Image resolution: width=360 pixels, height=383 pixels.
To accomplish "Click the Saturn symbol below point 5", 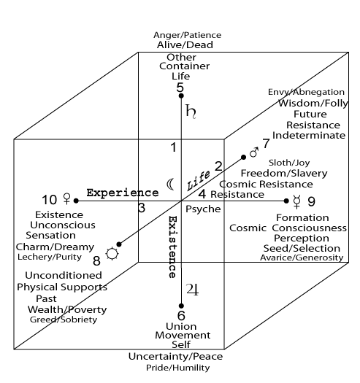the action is pyautogui.click(x=191, y=112).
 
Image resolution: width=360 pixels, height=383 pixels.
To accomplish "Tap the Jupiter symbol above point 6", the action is pyautogui.click(x=193, y=290).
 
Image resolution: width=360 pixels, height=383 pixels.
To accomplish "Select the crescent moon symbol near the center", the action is pyautogui.click(x=170, y=184).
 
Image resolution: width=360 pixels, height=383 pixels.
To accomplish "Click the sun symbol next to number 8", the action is pyautogui.click(x=112, y=254).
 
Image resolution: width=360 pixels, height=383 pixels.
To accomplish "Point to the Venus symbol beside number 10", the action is pyautogui.click(x=66, y=198).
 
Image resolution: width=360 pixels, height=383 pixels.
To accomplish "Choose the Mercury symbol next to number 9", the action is pyautogui.click(x=296, y=202).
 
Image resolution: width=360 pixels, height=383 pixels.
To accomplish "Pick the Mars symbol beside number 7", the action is pyautogui.click(x=254, y=152).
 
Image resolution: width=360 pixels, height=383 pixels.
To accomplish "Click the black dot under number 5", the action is pyautogui.click(x=181, y=96).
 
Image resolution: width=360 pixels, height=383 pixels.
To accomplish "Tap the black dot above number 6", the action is pyautogui.click(x=181, y=306).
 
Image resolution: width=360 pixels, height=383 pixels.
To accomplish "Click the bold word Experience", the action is pyautogui.click(x=123, y=193).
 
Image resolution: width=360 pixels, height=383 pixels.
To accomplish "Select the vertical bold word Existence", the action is pyautogui.click(x=172, y=247).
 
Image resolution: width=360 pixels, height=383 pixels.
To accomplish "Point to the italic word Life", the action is pyautogui.click(x=198, y=180).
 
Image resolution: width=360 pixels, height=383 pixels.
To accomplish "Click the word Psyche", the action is pyautogui.click(x=203, y=209).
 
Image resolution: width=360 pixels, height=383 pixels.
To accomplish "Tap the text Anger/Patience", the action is pyautogui.click(x=188, y=35).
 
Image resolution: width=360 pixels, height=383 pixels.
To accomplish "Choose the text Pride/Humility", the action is pyautogui.click(x=177, y=368).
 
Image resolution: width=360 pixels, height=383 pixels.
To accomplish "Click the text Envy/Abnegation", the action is pyautogui.click(x=306, y=92).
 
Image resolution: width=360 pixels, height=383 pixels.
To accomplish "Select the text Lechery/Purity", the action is pyautogui.click(x=50, y=257).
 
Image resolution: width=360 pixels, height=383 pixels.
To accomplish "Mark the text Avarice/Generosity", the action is pyautogui.click(x=302, y=258).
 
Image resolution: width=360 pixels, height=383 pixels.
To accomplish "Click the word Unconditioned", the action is pyautogui.click(x=64, y=276).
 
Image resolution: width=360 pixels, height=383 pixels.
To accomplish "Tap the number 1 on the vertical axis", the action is pyautogui.click(x=173, y=147).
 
